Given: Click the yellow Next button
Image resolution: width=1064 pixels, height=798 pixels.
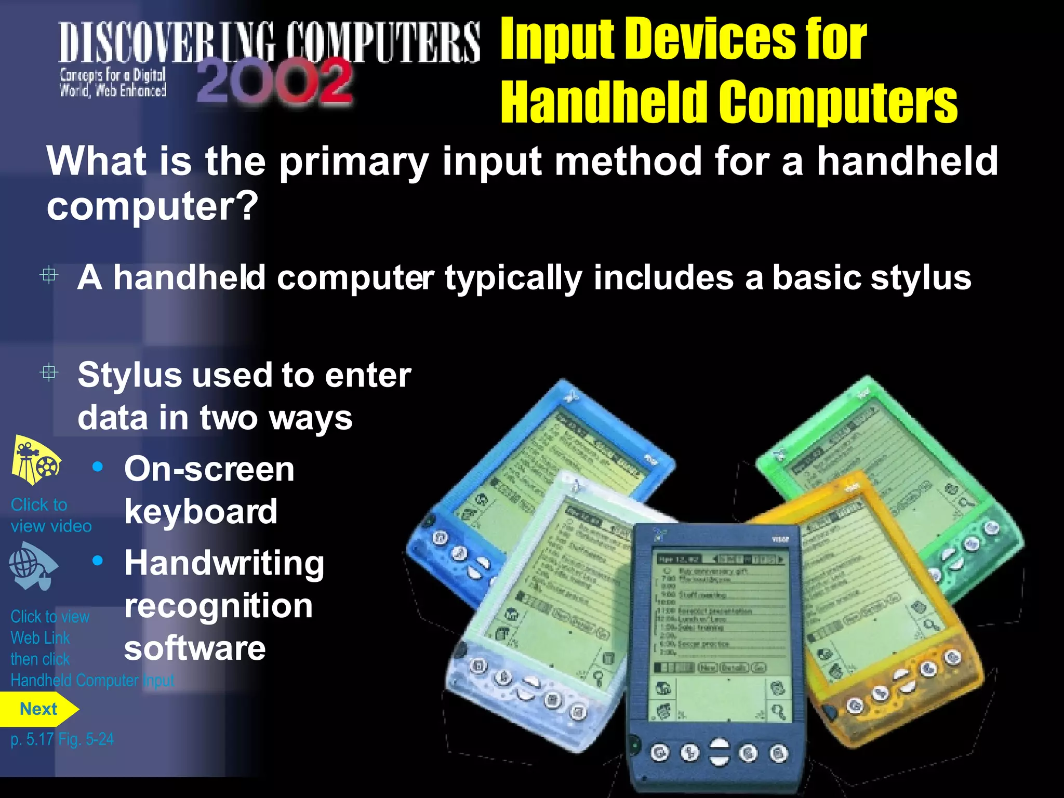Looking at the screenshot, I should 38,709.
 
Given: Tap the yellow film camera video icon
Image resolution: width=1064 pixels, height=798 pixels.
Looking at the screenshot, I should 35,460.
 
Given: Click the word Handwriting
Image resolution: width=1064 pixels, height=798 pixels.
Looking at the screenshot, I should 224,564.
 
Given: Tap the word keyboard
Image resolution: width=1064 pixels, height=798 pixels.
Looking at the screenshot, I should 201,512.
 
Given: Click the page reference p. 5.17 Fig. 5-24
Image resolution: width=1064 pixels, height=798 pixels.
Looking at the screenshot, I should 62,739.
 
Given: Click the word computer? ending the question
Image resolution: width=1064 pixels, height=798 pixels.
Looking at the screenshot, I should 152,206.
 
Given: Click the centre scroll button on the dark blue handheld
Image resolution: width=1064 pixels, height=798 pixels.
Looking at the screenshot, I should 719,752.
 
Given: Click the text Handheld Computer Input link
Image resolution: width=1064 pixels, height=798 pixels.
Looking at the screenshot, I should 92,681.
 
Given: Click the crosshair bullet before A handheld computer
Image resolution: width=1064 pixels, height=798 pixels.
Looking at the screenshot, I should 49,275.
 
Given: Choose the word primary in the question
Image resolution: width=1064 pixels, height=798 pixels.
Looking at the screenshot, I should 354,162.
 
